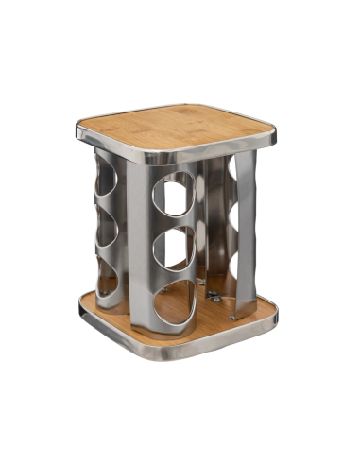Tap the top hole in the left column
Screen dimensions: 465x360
point(107,185)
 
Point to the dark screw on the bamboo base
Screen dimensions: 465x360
point(215,296)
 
